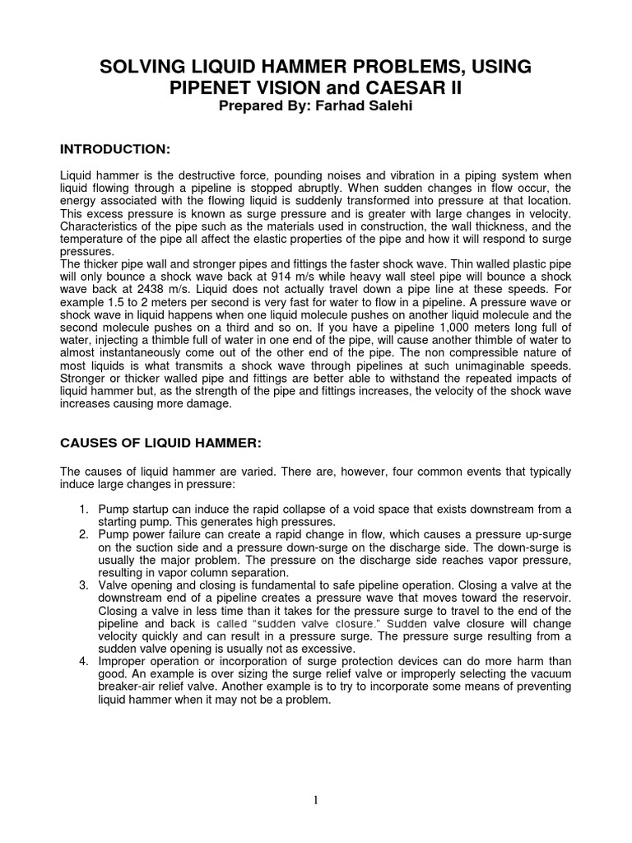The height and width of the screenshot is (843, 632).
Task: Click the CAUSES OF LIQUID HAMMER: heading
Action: [161, 442]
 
